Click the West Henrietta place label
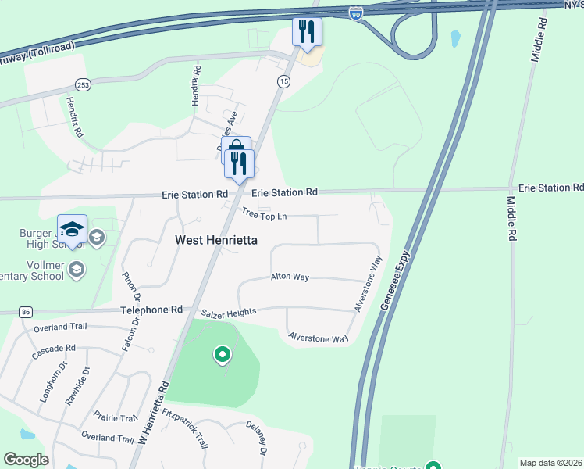pos(215,240)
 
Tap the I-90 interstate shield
pos(356,14)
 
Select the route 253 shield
pos(82,84)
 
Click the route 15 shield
pos(283,81)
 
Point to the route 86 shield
pos(26,312)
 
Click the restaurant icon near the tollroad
pos(307,32)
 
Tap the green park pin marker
pos(223,356)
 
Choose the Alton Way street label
pos(290,277)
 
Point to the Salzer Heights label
pos(229,313)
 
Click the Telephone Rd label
pos(151,310)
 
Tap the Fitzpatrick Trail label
pos(186,430)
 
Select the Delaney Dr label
pos(258,441)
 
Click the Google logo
pos(27,460)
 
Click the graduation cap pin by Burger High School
pos(71,229)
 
